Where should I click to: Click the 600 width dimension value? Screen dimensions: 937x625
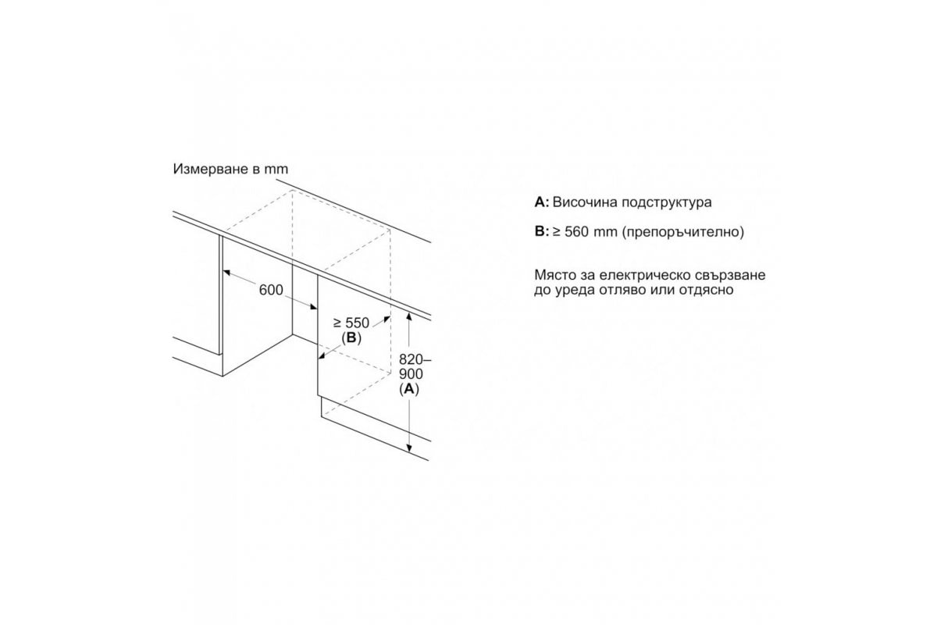[x=271, y=290]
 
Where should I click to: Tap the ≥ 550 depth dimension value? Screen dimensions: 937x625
[x=351, y=323]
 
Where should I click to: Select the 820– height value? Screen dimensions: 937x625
[x=415, y=359]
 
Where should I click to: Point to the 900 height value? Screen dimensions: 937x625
[x=411, y=373]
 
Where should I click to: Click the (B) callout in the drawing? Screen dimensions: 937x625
[x=351, y=337]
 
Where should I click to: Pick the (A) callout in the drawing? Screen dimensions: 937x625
[x=409, y=389]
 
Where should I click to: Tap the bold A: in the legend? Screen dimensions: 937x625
[x=542, y=202]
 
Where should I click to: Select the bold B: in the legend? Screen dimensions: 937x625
[x=542, y=231]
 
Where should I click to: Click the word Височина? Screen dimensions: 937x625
[x=585, y=202]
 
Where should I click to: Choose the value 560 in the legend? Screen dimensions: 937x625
[x=576, y=231]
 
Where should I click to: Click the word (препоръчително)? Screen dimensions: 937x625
[x=683, y=232]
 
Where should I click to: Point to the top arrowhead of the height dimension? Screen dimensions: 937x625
[x=409, y=316]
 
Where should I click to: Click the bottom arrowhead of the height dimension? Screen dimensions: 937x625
[x=409, y=448]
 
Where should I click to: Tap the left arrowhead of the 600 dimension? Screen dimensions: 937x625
[x=226, y=273]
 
